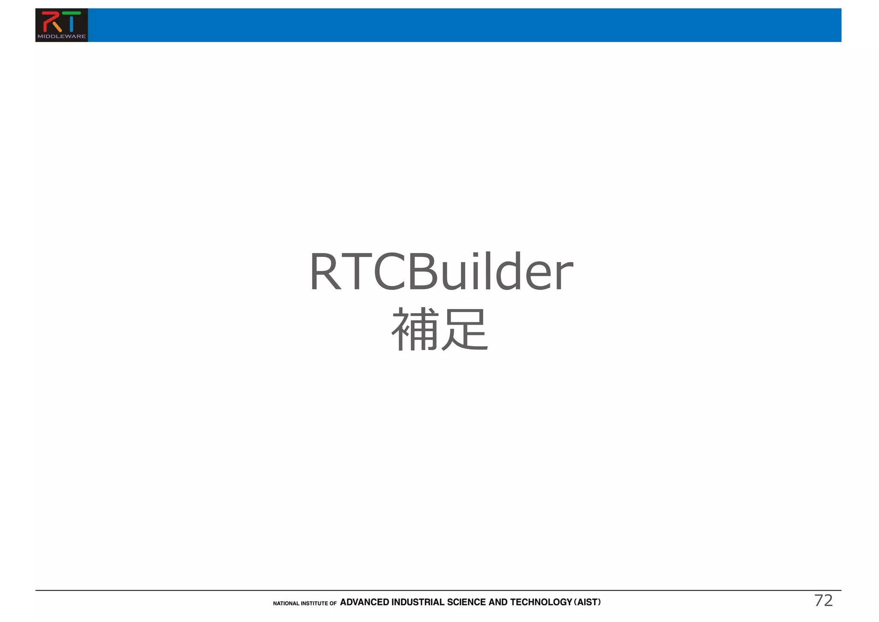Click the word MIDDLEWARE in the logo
tap(61, 37)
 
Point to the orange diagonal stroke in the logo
tap(58, 27)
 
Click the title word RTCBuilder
tap(441, 272)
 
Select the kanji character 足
tap(465, 329)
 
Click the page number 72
tap(823, 601)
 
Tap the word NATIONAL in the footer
tap(286, 604)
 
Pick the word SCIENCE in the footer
tap(467, 602)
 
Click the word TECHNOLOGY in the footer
tap(541, 602)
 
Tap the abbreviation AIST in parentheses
tap(588, 602)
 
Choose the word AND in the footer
tap(498, 602)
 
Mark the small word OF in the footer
tap(333, 604)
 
